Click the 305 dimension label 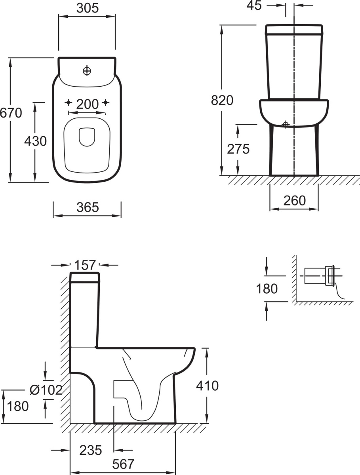[x=88, y=8]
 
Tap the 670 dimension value [x=11, y=113]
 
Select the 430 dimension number [x=36, y=141]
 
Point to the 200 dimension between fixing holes [x=88, y=104]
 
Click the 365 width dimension [x=88, y=207]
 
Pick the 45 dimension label [x=254, y=5]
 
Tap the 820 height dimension [x=222, y=100]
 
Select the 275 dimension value [x=238, y=149]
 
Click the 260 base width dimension [x=294, y=200]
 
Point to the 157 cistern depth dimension [x=85, y=265]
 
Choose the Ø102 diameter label [x=46, y=390]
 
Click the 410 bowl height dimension [x=208, y=386]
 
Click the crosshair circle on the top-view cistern [x=87, y=70]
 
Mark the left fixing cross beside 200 [x=69, y=103]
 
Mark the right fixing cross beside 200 [x=105, y=103]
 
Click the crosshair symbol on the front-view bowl [x=286, y=124]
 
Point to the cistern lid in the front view [x=294, y=29]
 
